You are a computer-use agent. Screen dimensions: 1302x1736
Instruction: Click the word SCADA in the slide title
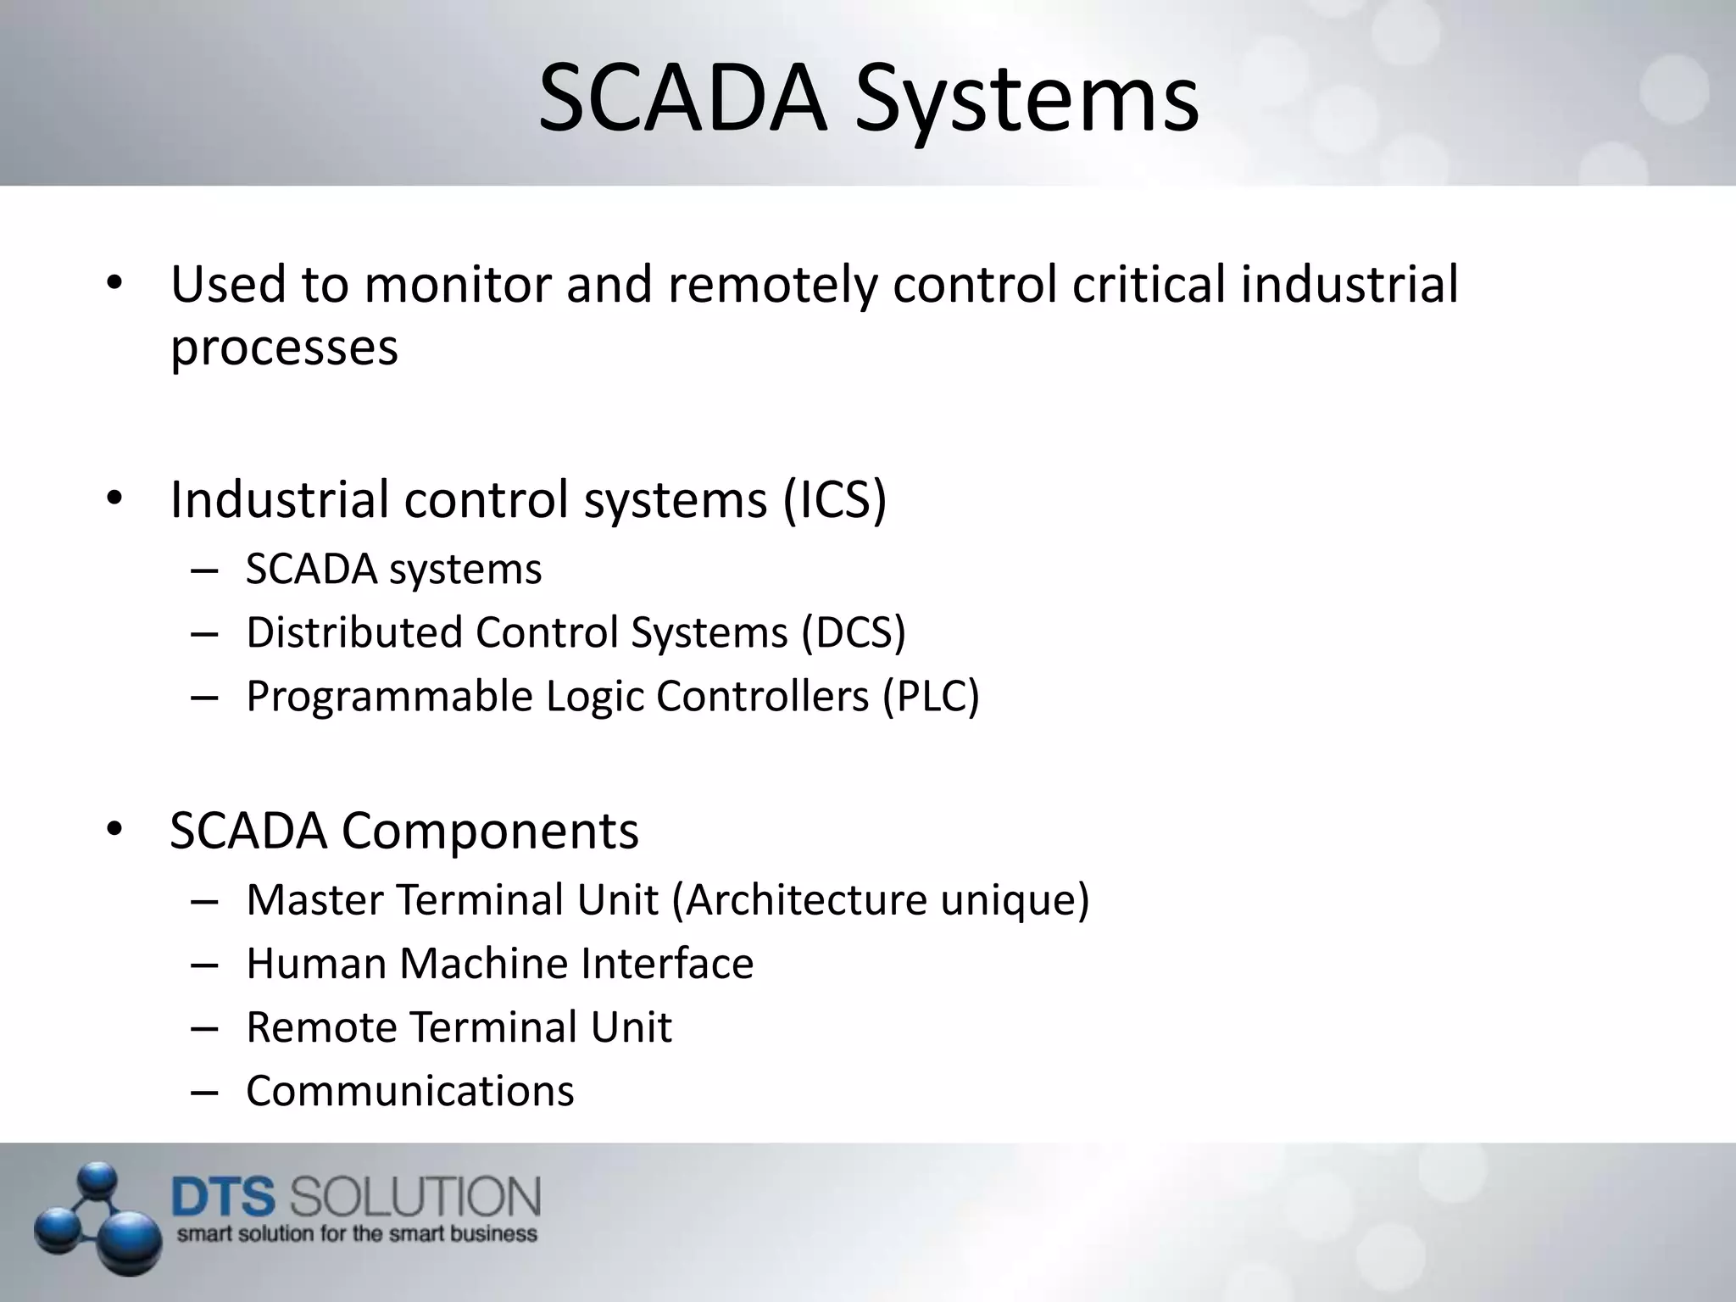682,100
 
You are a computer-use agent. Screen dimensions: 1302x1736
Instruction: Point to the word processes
284,349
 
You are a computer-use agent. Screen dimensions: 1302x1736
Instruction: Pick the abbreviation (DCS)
854,632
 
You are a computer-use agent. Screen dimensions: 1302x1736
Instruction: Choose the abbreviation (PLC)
931,696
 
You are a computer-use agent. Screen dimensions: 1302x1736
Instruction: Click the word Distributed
354,632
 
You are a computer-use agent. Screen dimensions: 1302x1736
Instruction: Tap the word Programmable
389,698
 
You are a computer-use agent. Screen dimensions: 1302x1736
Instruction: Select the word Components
490,831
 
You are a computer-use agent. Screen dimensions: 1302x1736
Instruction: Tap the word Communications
410,1092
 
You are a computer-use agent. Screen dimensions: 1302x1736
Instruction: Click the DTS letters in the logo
224,1199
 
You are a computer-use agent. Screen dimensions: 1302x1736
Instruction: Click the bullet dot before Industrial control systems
115,499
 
